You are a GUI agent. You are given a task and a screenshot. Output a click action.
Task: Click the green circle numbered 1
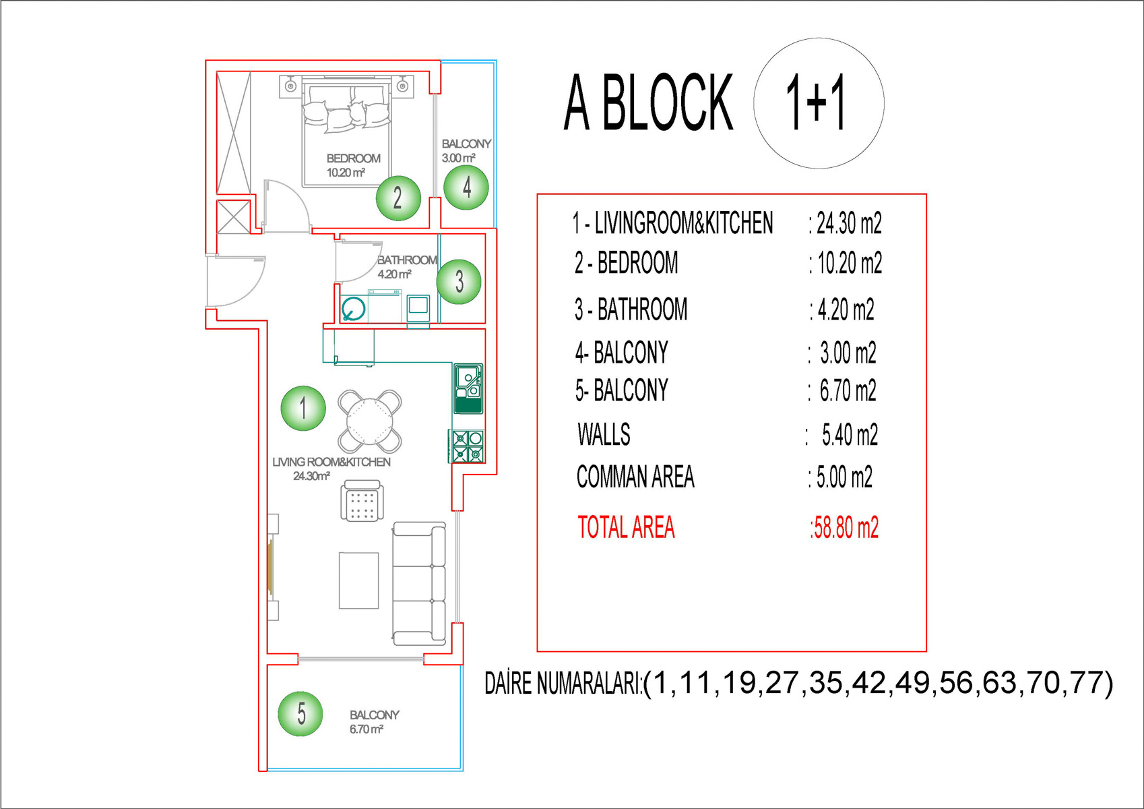coord(303,408)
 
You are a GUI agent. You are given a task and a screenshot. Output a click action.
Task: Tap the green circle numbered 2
coord(398,198)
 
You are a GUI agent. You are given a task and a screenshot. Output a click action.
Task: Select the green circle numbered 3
coord(459,281)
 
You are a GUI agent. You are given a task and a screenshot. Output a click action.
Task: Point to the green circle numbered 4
coord(466,187)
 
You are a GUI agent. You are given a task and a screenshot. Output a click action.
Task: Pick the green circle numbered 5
coord(300,713)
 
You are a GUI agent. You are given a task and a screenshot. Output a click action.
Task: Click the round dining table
coord(370,421)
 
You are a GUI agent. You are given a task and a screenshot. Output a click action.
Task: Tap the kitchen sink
coord(468,388)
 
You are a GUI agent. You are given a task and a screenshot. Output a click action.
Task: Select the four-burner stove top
coord(467,446)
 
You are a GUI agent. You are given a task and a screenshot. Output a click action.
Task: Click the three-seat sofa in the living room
coord(418,584)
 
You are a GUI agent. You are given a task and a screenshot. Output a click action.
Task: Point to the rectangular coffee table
coord(358,580)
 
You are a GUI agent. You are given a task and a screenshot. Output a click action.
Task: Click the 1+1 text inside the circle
coord(816,102)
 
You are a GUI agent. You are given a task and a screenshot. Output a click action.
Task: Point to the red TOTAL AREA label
coord(626,527)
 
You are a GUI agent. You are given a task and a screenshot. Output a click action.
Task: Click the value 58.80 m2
coord(845,528)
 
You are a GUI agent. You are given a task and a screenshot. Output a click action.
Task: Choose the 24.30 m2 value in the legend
coord(848,223)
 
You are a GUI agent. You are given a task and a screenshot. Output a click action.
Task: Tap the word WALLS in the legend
coord(604,435)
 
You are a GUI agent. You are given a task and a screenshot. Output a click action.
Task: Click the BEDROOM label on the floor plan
coord(353,158)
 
